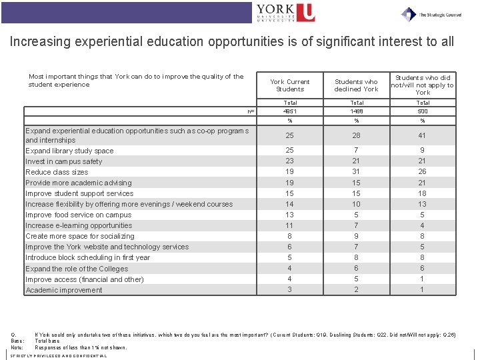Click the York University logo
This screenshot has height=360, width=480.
click(285, 13)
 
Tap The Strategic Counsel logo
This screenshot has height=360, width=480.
click(432, 13)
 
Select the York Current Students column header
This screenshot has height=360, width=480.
click(290, 85)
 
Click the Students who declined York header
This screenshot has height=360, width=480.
click(357, 85)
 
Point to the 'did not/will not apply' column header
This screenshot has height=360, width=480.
click(423, 85)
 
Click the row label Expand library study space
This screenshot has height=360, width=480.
click(69, 151)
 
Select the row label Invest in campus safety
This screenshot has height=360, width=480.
click(64, 161)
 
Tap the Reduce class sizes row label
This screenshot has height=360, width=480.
click(57, 172)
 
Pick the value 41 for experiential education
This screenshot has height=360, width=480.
click(423, 135)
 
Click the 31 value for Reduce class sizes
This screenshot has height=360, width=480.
click(357, 172)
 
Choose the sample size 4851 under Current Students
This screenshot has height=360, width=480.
click(290, 111)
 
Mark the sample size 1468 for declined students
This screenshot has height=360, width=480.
click(357, 111)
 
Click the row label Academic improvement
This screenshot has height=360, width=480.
click(64, 290)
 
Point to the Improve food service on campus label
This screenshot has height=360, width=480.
click(79, 215)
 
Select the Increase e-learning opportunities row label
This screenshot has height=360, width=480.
click(79, 225)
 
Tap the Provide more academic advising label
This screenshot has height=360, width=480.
click(79, 183)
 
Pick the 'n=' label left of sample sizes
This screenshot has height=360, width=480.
click(251, 111)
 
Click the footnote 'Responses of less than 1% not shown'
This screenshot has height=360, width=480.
click(81, 347)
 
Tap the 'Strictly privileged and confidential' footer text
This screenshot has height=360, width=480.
click(59, 356)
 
